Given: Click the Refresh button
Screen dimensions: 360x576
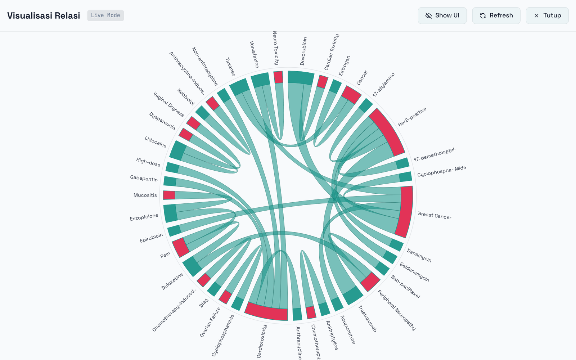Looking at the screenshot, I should pyautogui.click(x=496, y=15).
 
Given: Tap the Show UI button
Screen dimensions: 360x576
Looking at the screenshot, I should pyautogui.click(x=442, y=15).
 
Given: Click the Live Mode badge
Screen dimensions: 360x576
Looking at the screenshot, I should pyautogui.click(x=105, y=15).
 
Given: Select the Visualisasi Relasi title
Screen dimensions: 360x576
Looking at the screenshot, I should pyautogui.click(x=44, y=15).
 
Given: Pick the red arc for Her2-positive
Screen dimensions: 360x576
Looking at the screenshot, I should pyautogui.click(x=387, y=132).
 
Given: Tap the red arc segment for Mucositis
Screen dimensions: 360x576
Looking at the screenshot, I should pyautogui.click(x=169, y=195).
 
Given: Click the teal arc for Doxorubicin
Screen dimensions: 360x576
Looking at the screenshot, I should pyautogui.click(x=301, y=77).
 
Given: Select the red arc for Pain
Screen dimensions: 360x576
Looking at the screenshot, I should pyautogui.click(x=180, y=247).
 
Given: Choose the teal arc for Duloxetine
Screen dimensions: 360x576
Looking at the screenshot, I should pyautogui.click(x=192, y=266).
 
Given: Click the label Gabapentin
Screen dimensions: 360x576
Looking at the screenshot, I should pyautogui.click(x=144, y=179).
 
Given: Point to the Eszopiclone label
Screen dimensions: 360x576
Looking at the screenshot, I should pyautogui.click(x=144, y=217).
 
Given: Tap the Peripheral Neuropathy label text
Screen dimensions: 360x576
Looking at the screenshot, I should pyautogui.click(x=396, y=310).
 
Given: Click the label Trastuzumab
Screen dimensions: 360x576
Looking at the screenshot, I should pyautogui.click(x=368, y=319).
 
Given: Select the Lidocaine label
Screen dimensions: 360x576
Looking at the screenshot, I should pyautogui.click(x=156, y=142).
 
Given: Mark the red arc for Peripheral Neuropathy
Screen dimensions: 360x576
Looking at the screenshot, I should pyautogui.click(x=370, y=282).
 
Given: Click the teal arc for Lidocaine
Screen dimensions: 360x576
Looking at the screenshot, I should pyautogui.click(x=178, y=150).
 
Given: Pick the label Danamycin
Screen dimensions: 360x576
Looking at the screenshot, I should pyautogui.click(x=419, y=255).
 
